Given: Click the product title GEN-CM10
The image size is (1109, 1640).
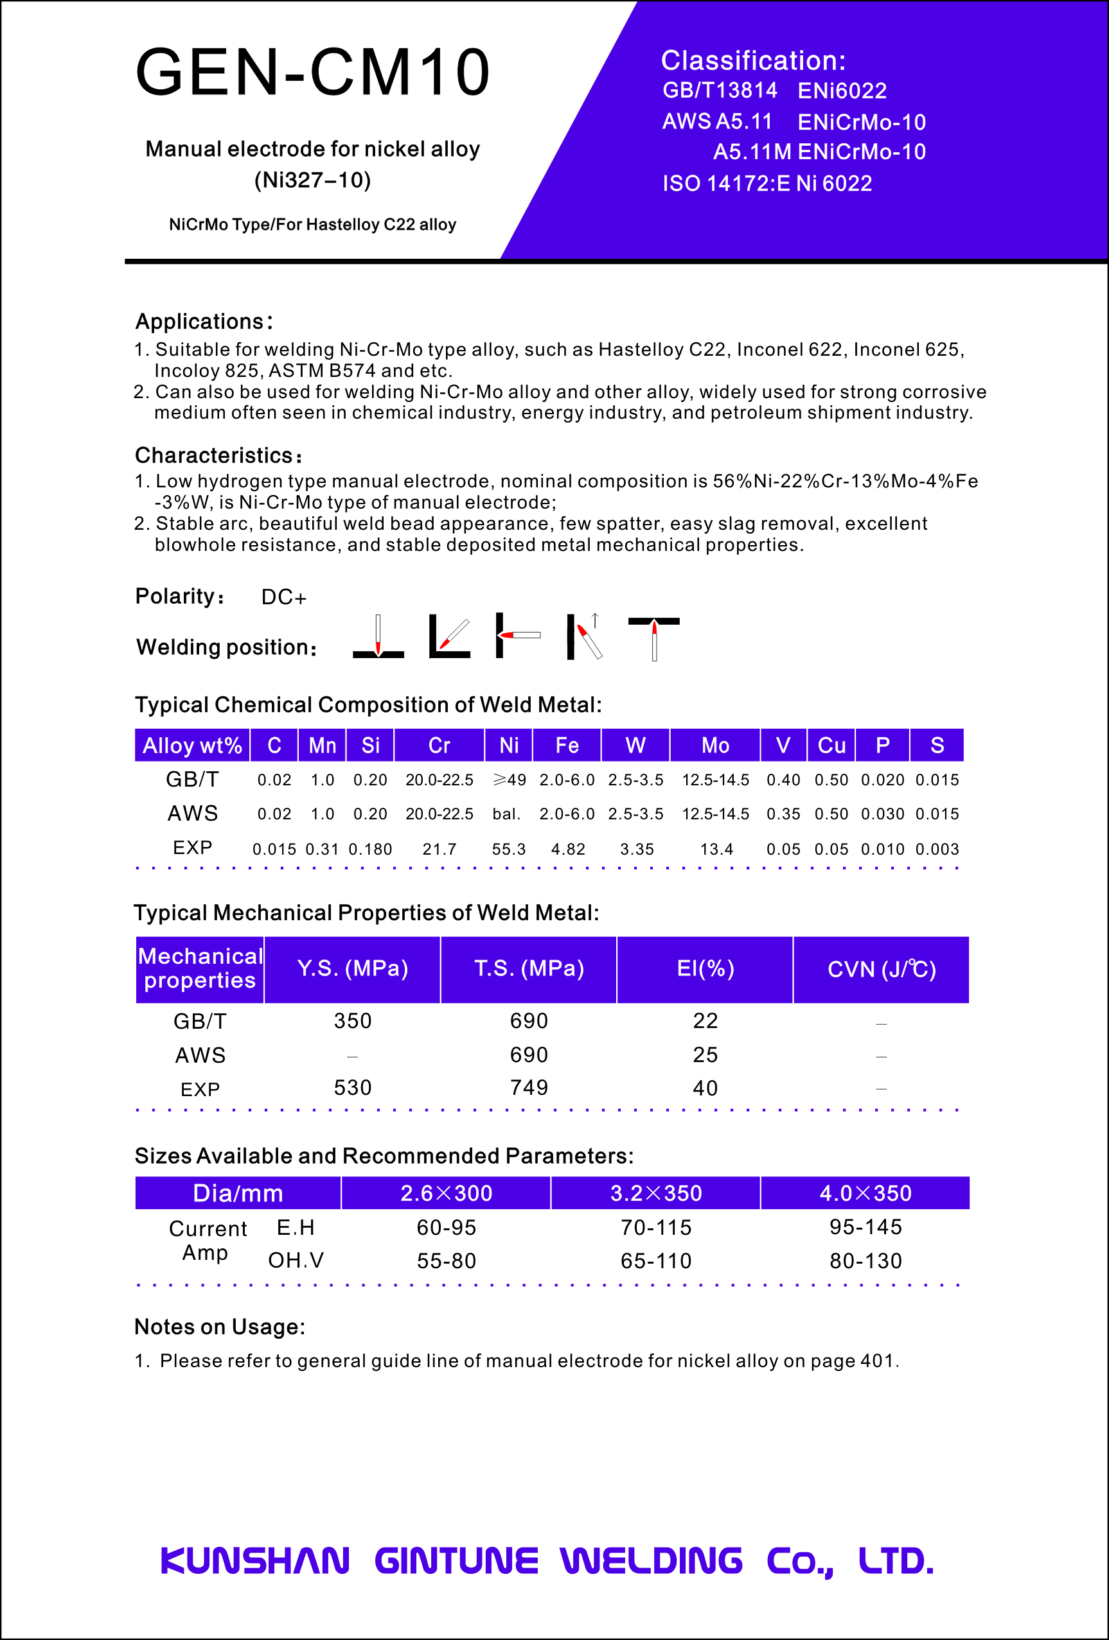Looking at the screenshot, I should (313, 72).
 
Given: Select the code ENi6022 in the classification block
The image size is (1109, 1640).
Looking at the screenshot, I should (842, 91).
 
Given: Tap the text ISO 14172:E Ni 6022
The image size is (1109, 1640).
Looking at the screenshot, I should (767, 184).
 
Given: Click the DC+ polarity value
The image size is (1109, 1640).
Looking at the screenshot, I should (284, 598).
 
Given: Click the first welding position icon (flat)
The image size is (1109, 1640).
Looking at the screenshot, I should (378, 637).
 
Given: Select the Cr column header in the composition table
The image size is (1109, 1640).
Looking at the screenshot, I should (439, 746).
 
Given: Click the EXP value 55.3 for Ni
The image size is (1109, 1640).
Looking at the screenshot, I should (509, 850).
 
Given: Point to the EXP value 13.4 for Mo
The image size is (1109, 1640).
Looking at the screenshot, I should (716, 850).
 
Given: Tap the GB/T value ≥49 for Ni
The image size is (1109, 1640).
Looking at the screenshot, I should (509, 780).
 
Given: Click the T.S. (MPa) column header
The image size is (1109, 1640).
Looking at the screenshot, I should (529, 969).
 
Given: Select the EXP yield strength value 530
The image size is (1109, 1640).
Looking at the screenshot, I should (352, 1088).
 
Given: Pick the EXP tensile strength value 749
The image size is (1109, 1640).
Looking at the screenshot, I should (529, 1088).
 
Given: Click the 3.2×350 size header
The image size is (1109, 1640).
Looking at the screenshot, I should (656, 1193).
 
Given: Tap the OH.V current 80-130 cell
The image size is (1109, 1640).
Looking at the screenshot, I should (865, 1261).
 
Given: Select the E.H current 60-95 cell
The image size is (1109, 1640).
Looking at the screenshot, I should (446, 1228).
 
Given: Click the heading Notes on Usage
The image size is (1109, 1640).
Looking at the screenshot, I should (220, 1327).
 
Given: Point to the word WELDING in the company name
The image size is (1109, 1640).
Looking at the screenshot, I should (651, 1560).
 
